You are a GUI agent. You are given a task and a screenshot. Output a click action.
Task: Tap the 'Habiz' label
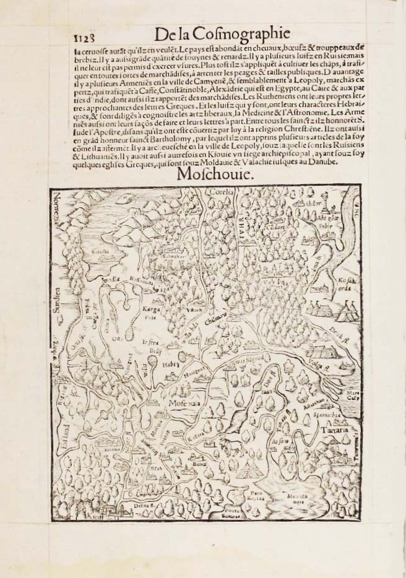tap(169, 364)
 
